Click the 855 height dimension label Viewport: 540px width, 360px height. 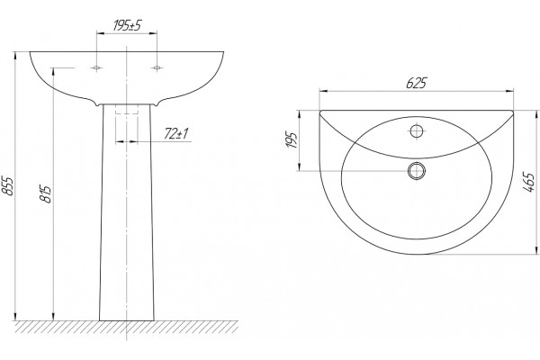pyautogui.click(x=9, y=186)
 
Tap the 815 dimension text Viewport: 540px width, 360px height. pyautogui.click(x=46, y=194)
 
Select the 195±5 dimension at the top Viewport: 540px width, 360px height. pyautogui.click(x=128, y=25)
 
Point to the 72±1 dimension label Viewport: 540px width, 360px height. pyautogui.click(x=176, y=134)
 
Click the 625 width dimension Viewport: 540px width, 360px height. pyautogui.click(x=417, y=83)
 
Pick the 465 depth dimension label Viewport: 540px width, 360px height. pyautogui.click(x=530, y=182)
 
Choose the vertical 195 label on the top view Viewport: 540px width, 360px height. pyautogui.click(x=292, y=139)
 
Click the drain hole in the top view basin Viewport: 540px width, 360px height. pyautogui.click(x=417, y=170)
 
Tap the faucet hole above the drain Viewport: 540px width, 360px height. pyautogui.click(x=417, y=130)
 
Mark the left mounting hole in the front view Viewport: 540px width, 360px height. pyautogui.click(x=96, y=67)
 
